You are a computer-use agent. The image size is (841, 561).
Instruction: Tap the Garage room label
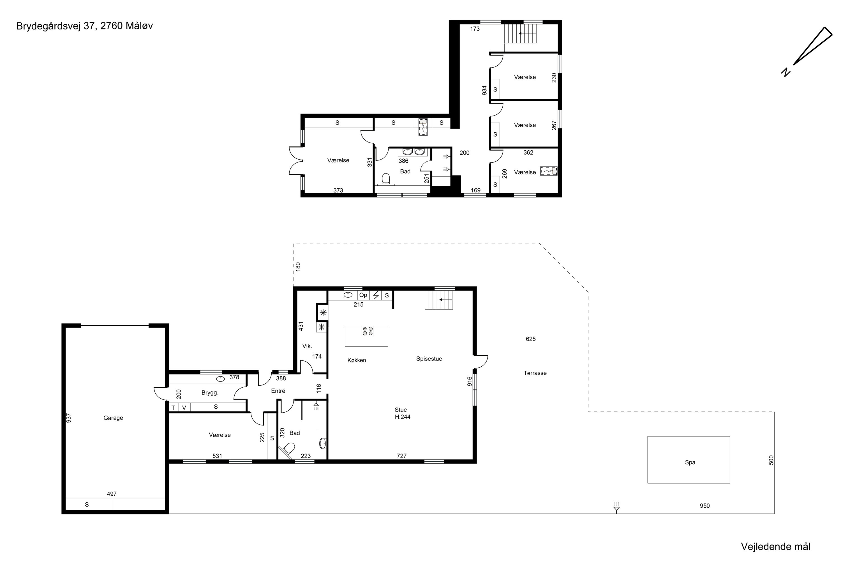(x=113, y=418)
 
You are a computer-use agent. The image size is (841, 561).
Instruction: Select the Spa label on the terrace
(x=690, y=462)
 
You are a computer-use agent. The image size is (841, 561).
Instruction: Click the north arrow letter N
(x=785, y=72)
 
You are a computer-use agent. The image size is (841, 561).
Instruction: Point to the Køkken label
(x=357, y=360)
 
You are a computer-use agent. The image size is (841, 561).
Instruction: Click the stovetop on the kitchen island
(x=368, y=331)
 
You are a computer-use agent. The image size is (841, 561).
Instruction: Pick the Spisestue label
(x=429, y=359)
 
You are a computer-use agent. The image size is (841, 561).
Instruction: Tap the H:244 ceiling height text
(x=403, y=417)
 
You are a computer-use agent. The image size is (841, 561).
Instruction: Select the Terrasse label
(x=535, y=373)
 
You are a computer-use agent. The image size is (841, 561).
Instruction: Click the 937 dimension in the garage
(x=69, y=418)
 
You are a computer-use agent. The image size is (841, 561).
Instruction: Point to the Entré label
(x=278, y=391)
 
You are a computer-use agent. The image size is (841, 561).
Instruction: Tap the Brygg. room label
(x=210, y=393)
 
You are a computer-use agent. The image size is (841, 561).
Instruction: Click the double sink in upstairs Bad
(x=413, y=152)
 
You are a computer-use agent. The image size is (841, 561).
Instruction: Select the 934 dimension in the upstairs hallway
(x=484, y=90)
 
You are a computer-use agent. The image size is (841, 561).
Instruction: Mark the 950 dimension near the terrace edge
(x=705, y=506)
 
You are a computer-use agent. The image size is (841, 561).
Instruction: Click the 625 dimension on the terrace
(x=531, y=339)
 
